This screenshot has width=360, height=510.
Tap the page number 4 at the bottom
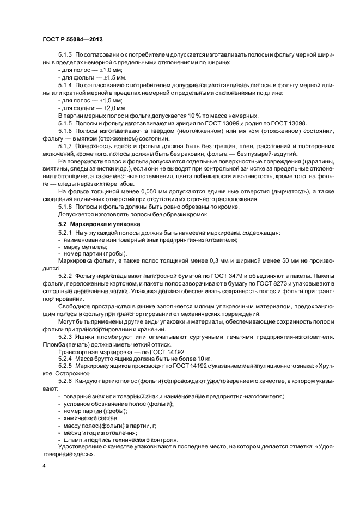point(44,467)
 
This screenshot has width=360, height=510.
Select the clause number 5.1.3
point(65,57)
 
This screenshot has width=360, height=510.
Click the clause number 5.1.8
point(65,206)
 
